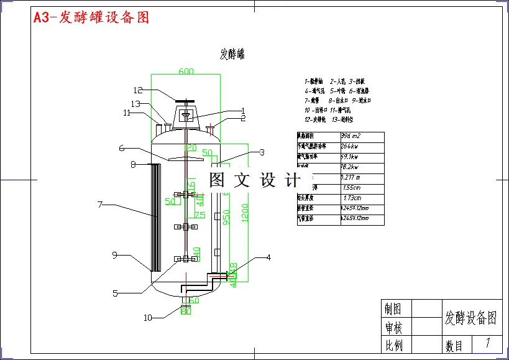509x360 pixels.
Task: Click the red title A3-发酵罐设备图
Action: coord(91,17)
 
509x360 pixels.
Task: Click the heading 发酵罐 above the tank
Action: coord(232,54)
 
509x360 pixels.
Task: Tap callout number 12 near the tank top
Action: coord(138,90)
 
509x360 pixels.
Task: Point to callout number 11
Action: coord(127,113)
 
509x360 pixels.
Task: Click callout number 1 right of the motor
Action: coord(244,111)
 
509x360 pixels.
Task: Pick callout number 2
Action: coord(244,118)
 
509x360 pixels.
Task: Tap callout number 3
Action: coord(262,152)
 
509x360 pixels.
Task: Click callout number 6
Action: coord(122,148)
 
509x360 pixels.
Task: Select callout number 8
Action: coord(133,164)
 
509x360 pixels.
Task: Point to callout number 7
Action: coord(99,203)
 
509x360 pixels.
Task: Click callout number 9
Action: coord(115,254)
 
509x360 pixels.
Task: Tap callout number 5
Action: coord(116,293)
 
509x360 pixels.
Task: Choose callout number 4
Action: coord(268,257)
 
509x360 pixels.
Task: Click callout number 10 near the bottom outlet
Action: coord(147,318)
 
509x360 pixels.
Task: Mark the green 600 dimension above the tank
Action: coord(186,71)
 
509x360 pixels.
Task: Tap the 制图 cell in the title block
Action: coord(393,309)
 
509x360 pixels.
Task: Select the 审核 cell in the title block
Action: coord(393,327)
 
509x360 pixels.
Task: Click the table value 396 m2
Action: coord(352,136)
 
